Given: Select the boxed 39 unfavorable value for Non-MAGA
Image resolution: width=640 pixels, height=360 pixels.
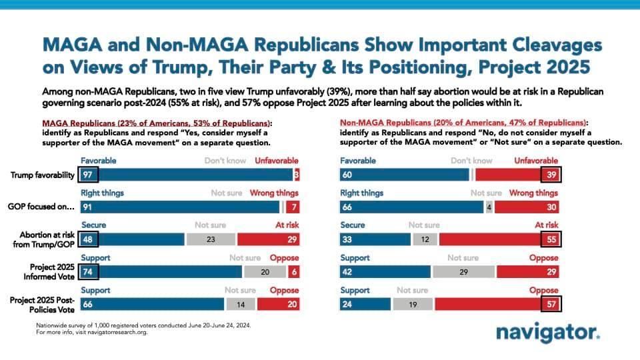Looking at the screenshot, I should (551, 175).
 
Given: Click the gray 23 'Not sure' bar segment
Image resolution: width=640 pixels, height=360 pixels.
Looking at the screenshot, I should (211, 239).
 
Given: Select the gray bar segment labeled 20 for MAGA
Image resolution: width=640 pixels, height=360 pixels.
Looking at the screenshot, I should (265, 271).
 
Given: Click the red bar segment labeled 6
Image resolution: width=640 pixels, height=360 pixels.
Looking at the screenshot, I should (293, 271).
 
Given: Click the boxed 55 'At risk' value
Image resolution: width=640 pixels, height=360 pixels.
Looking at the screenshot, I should (551, 239).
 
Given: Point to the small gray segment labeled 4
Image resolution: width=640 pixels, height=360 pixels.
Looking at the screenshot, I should (489, 207).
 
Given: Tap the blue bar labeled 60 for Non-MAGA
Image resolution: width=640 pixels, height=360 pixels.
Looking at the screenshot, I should (404, 175).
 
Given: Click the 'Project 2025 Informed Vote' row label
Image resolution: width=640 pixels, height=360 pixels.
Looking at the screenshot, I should (49, 271).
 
